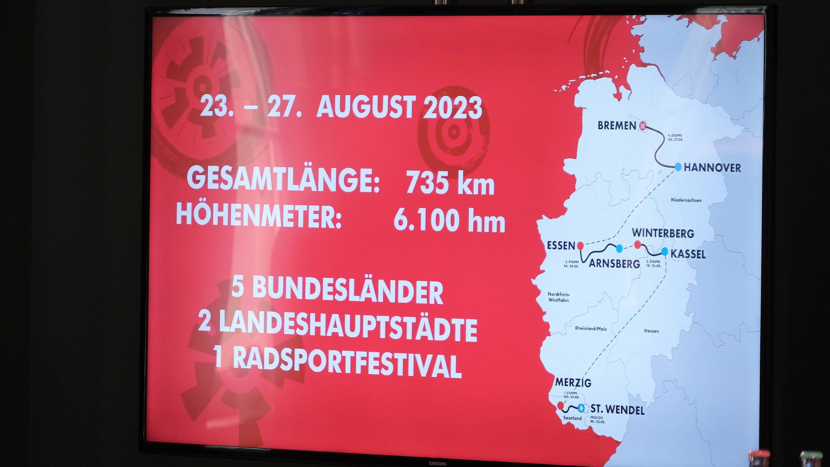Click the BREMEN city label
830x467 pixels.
click(617, 125)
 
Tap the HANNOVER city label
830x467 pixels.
click(712, 168)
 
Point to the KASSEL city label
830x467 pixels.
click(688, 254)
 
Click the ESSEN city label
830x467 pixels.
click(561, 246)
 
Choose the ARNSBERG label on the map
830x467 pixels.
click(614, 264)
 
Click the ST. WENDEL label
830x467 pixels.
click(617, 410)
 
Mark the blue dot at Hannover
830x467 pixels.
click(678, 167)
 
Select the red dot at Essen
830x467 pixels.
click(580, 246)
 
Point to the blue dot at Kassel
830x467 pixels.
click(665, 251)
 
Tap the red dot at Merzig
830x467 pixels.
click(560, 405)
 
